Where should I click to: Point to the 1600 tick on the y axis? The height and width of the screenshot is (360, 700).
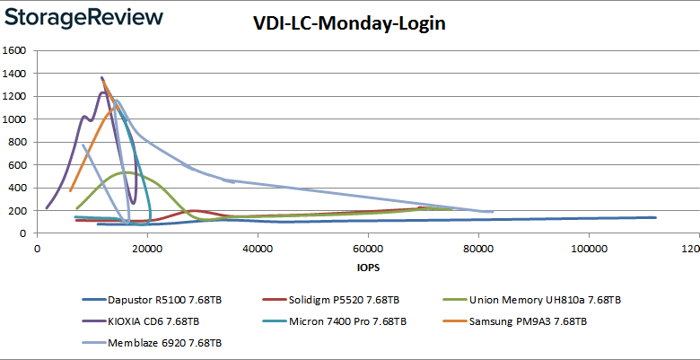pyautogui.click(x=16, y=50)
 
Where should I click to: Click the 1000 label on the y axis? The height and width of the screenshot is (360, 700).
pyautogui.click(x=16, y=119)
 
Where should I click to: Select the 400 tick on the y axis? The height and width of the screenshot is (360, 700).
pyautogui.click(x=19, y=188)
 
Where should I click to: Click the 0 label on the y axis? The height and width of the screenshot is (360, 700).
pyautogui.click(x=26, y=233)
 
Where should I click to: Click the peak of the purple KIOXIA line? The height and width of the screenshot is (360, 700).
pyautogui.click(x=102, y=77)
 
